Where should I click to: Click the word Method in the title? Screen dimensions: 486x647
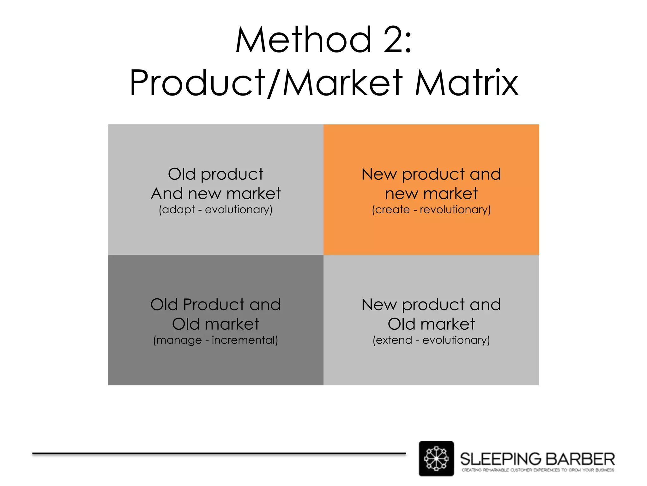pyautogui.click(x=304, y=40)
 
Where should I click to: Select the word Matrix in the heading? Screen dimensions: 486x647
pyautogui.click(x=467, y=83)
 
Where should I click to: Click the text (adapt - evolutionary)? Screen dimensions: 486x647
pyautogui.click(x=215, y=210)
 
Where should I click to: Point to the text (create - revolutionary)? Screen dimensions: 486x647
pyautogui.click(x=431, y=210)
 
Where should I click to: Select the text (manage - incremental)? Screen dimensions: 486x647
pyautogui.click(x=215, y=340)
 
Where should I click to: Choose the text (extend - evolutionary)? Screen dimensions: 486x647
pyautogui.click(x=431, y=340)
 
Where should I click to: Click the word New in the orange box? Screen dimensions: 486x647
pyautogui.click(x=379, y=174)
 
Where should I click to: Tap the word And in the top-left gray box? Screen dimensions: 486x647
pyautogui.click(x=166, y=194)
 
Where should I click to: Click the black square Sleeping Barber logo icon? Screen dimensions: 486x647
pyautogui.click(x=436, y=458)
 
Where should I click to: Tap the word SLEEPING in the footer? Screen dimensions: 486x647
pyautogui.click(x=500, y=459)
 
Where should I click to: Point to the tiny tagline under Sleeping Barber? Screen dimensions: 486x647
pyautogui.click(x=538, y=470)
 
